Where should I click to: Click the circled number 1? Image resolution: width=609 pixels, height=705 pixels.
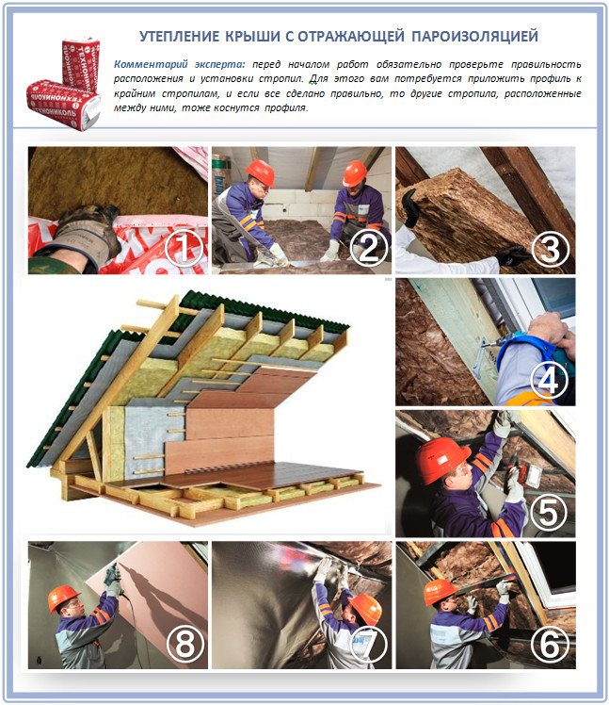(x=184, y=249)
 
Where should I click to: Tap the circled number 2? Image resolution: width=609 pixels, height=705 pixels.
(x=369, y=249)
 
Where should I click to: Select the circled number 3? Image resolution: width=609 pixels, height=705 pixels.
(x=550, y=249)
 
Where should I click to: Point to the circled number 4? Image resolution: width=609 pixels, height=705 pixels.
(x=549, y=381)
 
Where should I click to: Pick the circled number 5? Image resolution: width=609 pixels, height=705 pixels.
(x=549, y=512)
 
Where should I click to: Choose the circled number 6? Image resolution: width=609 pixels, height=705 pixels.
(x=550, y=645)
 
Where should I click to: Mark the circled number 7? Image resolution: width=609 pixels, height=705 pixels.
(x=369, y=645)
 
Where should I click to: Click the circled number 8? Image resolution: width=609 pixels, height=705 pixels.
(x=184, y=645)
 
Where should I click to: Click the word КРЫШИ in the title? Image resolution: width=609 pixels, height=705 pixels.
(x=252, y=37)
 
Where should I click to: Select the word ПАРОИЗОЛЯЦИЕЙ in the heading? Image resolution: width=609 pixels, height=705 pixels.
(x=474, y=37)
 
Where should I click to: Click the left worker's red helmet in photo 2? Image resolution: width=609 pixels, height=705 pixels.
(x=260, y=172)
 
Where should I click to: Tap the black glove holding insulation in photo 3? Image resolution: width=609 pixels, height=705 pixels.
(x=410, y=207)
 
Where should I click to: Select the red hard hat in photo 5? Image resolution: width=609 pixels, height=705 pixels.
(x=441, y=459)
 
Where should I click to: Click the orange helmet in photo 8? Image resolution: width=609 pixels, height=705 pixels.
(x=63, y=598)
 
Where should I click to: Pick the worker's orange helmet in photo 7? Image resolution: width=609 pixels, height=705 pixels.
(x=367, y=608)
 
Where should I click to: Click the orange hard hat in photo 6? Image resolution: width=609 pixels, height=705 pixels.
(x=440, y=591)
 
